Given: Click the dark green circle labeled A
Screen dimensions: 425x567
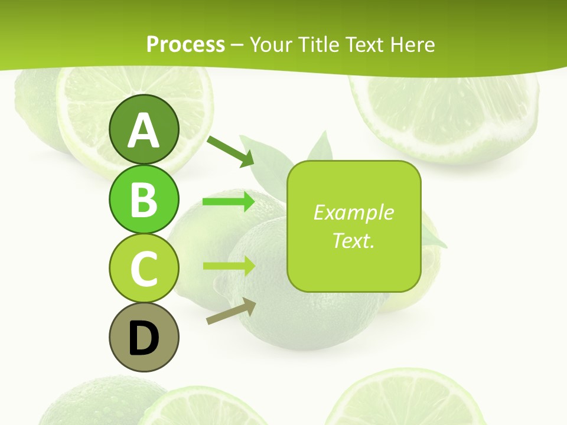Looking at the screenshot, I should [144, 129].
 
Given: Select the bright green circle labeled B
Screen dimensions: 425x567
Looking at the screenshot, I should [144, 199].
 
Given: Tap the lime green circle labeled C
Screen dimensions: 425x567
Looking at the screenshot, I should [144, 268].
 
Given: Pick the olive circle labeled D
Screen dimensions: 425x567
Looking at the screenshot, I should [144, 337].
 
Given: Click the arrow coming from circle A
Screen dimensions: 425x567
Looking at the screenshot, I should [230, 151].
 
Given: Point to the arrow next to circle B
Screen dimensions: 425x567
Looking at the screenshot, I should [229, 202].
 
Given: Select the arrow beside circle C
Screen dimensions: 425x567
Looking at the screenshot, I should [229, 266].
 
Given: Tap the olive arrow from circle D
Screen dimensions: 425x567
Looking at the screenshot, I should [231, 311].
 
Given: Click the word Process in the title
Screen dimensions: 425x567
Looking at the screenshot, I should [185, 44].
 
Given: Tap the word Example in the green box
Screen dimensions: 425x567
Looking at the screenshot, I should [353, 212].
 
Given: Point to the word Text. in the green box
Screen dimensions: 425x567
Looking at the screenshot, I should [353, 241].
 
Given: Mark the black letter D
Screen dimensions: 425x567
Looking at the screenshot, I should [144, 338].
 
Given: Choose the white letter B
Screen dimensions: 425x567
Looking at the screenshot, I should [144, 200].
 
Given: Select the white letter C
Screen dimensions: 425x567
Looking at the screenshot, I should [144, 269].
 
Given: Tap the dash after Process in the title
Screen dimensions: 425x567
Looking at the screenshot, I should [237, 45].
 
